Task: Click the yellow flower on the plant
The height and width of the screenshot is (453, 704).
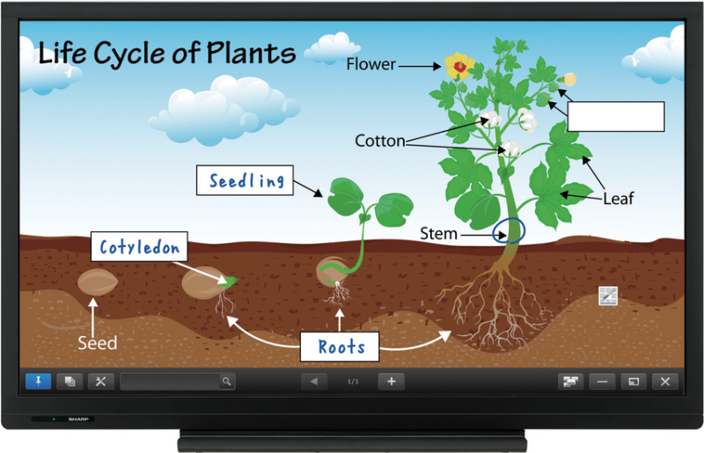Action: click(x=458, y=65)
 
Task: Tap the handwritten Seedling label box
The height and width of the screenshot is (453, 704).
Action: click(x=247, y=181)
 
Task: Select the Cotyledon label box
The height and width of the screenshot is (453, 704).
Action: click(x=140, y=247)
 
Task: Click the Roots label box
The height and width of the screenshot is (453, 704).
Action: click(x=341, y=346)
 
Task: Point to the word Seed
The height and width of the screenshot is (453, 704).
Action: click(x=97, y=342)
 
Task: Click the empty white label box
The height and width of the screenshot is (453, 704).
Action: click(x=615, y=116)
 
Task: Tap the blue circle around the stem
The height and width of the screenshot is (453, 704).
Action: click(x=510, y=230)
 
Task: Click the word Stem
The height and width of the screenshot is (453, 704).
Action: click(x=438, y=234)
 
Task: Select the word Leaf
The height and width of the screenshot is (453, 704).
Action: click(x=618, y=199)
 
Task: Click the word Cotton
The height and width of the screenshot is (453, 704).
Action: click(x=380, y=141)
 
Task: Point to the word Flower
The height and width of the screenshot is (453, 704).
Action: click(x=370, y=63)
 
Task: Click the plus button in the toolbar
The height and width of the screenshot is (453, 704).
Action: click(x=392, y=381)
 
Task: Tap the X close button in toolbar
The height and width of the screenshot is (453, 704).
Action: click(x=665, y=381)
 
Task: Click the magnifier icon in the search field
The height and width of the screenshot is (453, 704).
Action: click(x=227, y=381)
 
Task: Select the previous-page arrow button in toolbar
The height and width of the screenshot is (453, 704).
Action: click(x=313, y=381)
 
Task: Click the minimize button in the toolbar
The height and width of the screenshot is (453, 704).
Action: click(x=603, y=381)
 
